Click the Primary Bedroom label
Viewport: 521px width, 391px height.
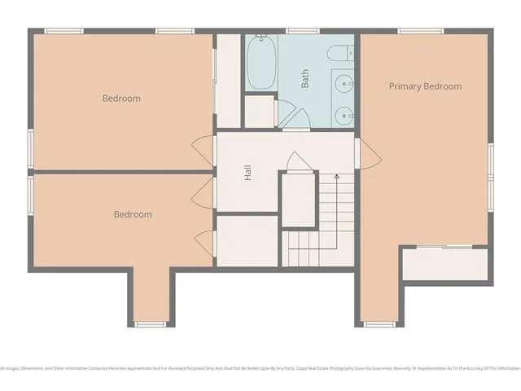point(425,86)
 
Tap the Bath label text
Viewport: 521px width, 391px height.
point(305,78)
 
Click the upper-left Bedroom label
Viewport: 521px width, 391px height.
point(121,99)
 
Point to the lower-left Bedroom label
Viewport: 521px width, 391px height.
point(132,214)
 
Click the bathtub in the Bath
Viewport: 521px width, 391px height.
point(262,64)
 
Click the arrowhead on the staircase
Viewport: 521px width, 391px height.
point(336,175)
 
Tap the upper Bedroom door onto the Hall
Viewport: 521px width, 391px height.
point(198,151)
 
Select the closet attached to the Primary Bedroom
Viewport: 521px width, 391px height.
point(447,263)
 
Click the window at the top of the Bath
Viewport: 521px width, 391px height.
point(301,32)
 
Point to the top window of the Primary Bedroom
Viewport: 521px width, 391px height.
point(420,32)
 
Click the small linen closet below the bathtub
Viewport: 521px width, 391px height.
point(260,112)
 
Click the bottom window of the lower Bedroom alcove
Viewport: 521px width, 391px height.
point(150,324)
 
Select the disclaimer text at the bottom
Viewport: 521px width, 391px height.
point(260,367)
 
